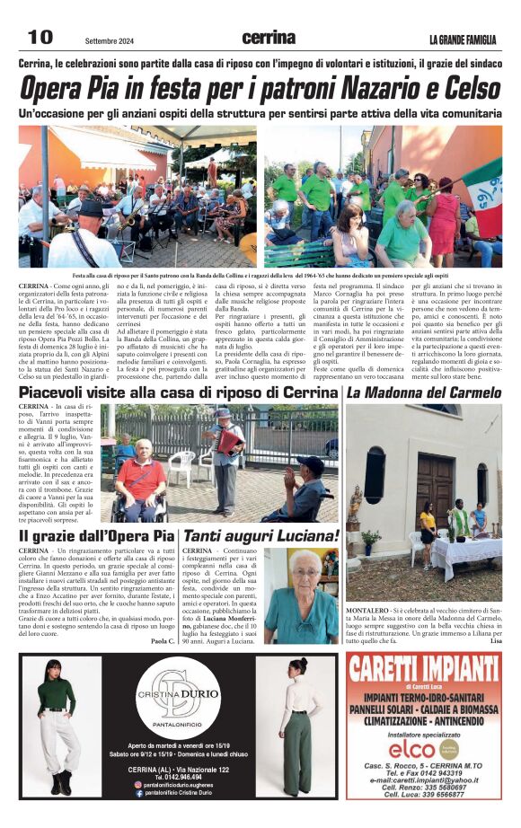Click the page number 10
pyautogui.click(x=40, y=37)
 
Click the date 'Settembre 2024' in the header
pyautogui.click(x=110, y=40)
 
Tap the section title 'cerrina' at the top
pyautogui.click(x=269, y=38)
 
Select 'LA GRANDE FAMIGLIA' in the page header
pyautogui.click(x=463, y=40)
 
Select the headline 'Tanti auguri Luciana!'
pyautogui.click(x=260, y=536)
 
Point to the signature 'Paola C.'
pyautogui.click(x=163, y=641)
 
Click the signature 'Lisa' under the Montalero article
pyautogui.click(x=495, y=640)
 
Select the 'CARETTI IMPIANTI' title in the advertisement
pyautogui.click(x=424, y=669)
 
